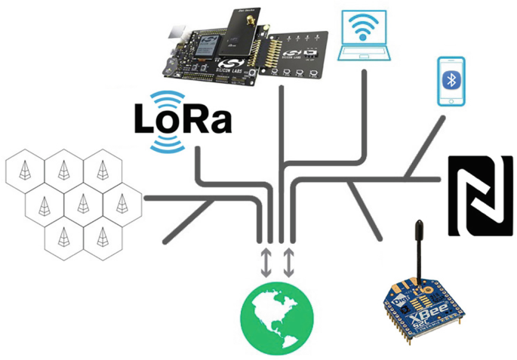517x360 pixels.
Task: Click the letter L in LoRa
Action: click(x=145, y=119)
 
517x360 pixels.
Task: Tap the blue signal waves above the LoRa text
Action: click(x=168, y=97)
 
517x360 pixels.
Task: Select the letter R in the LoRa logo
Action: click(x=195, y=119)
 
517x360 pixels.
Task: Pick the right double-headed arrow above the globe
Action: click(x=289, y=261)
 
